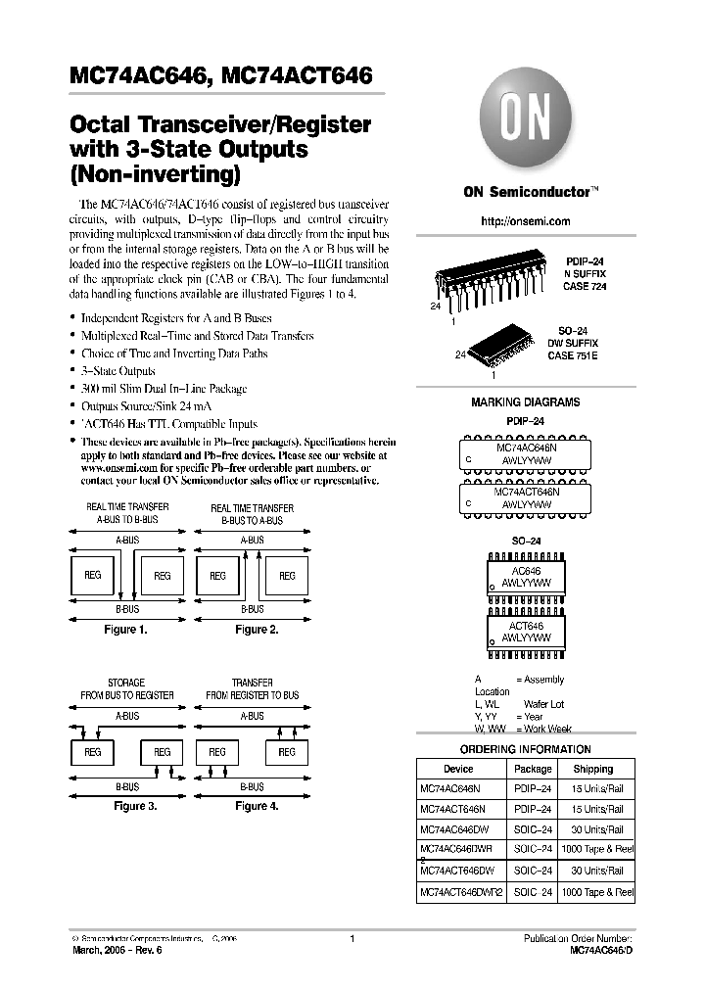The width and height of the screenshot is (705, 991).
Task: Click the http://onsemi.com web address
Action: pos(525,221)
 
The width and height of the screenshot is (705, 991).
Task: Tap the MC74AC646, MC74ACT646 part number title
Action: pos(220,74)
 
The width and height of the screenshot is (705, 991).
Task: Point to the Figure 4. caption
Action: pos(257,806)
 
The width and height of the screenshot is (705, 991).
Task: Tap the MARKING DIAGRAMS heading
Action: pos(525,402)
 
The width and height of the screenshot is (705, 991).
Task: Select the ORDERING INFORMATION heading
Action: pos(525,749)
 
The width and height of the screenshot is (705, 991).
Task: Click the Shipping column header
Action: pos(593,770)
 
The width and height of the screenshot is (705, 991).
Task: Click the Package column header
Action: pos(534,770)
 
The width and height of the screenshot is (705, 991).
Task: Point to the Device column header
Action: pos(458,770)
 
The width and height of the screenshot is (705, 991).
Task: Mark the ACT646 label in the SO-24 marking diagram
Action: pos(527,626)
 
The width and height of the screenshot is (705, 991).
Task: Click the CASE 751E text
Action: pos(573,354)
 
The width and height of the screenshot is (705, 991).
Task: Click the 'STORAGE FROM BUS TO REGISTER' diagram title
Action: pos(126,689)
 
